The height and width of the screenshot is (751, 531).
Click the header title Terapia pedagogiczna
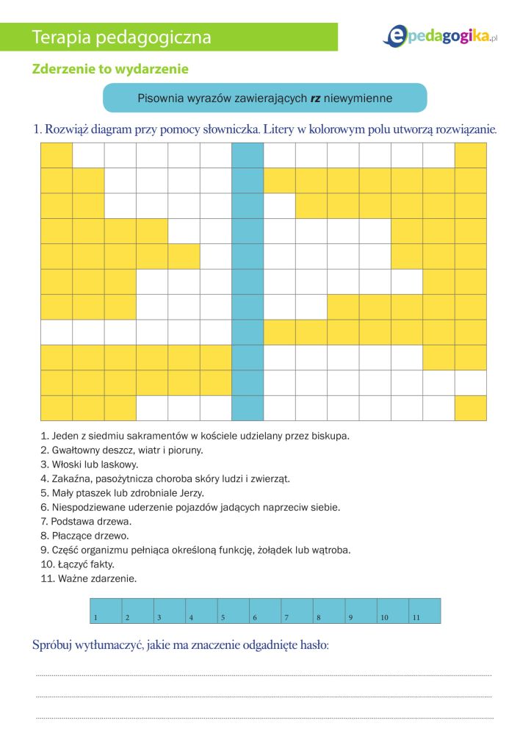122,37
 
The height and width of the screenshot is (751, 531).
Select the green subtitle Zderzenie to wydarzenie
110,69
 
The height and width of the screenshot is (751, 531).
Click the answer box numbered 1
106,611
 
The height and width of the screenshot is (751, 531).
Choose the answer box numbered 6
265,611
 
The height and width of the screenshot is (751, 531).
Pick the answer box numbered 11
425,611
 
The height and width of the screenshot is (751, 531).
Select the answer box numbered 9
361,611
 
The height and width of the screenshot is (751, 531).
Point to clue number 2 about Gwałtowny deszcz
122,450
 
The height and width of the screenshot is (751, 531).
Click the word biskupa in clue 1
331,436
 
